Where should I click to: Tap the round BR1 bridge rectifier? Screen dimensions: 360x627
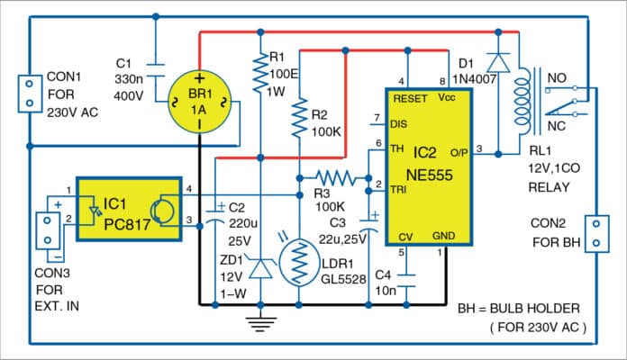click(199, 101)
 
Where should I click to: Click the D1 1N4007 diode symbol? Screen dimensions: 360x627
click(495, 60)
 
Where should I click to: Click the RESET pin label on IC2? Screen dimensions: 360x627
click(408, 99)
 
